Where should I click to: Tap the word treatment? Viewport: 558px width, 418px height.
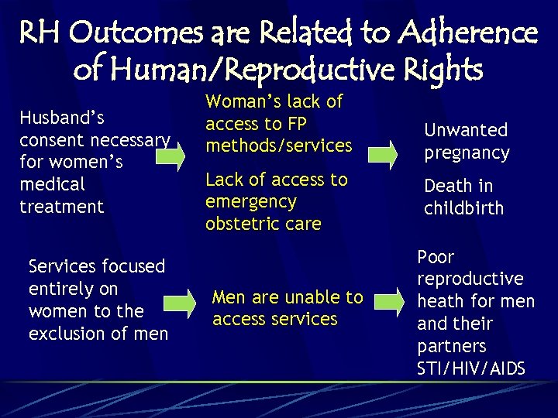tap(61, 207)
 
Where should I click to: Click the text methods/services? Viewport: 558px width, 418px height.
tap(278, 146)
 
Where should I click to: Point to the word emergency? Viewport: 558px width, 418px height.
tap(251, 202)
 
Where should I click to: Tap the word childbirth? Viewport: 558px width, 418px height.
tap(463, 208)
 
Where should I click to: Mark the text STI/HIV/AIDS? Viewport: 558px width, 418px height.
tap(470, 368)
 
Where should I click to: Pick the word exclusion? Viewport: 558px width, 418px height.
tap(66, 334)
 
